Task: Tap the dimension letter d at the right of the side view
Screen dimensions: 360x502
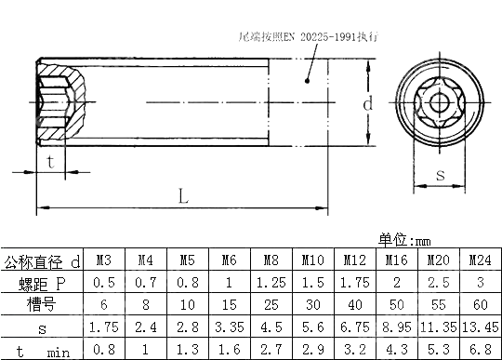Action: point(367,104)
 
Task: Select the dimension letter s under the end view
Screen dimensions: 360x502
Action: point(440,173)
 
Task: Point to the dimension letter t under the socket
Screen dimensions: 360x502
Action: point(49,160)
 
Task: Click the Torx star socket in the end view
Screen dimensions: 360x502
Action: point(440,103)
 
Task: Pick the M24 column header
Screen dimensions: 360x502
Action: point(479,260)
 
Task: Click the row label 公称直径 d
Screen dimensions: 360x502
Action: point(42,260)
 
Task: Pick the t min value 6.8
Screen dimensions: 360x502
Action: point(479,350)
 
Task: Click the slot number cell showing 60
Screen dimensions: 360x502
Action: point(479,304)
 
